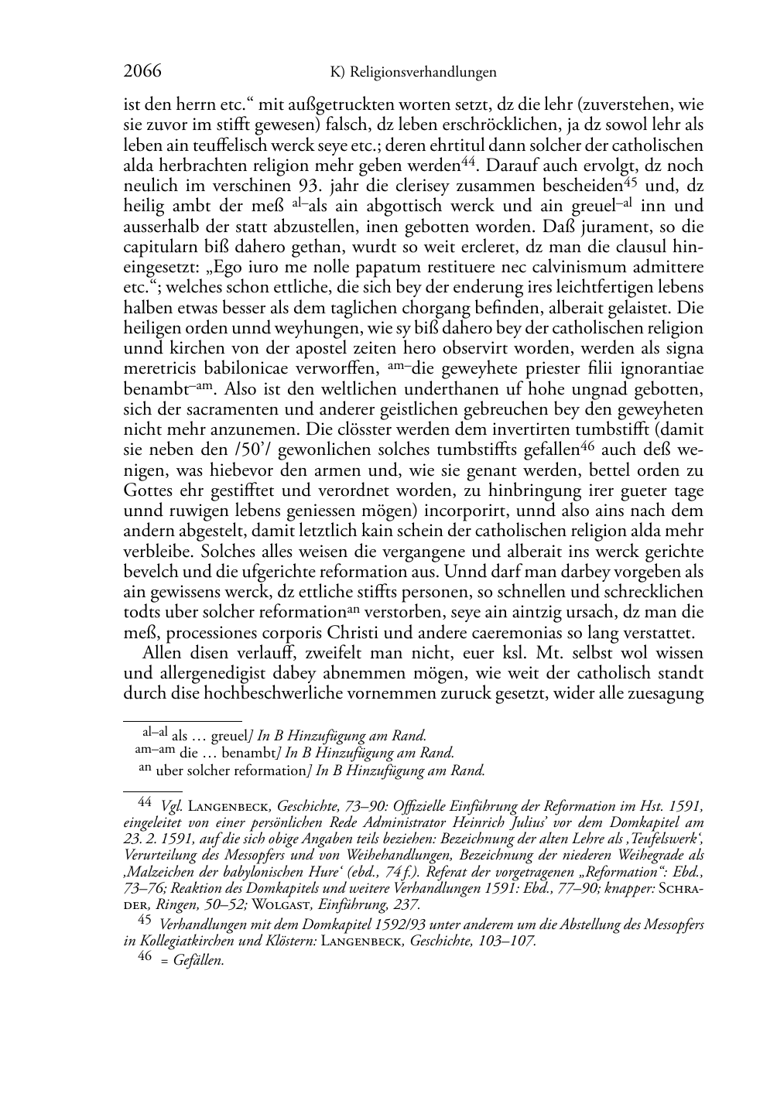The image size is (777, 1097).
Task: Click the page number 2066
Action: (142, 72)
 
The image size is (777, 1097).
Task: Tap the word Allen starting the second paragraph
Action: (164, 652)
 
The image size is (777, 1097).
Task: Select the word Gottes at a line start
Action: (149, 490)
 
